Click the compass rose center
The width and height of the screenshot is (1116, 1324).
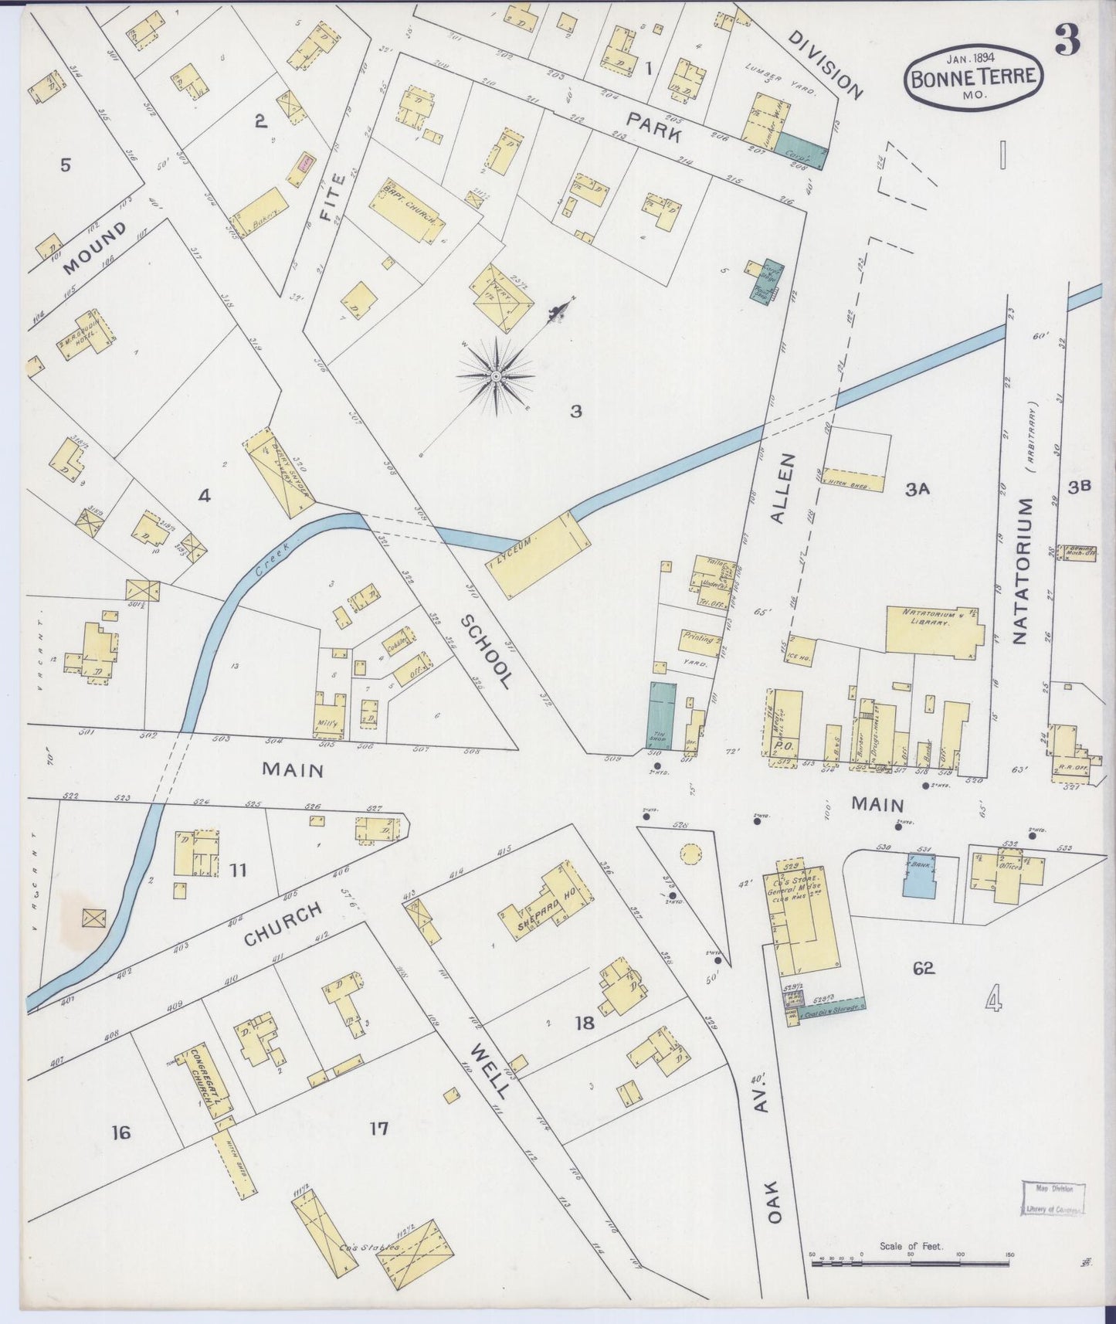tap(495, 376)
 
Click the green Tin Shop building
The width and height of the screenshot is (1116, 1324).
tap(661, 715)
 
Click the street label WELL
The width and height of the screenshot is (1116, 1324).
tap(490, 1071)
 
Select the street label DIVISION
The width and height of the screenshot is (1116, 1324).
tap(826, 65)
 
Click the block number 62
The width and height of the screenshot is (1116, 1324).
tap(923, 968)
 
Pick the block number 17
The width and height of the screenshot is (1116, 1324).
tap(378, 1129)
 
